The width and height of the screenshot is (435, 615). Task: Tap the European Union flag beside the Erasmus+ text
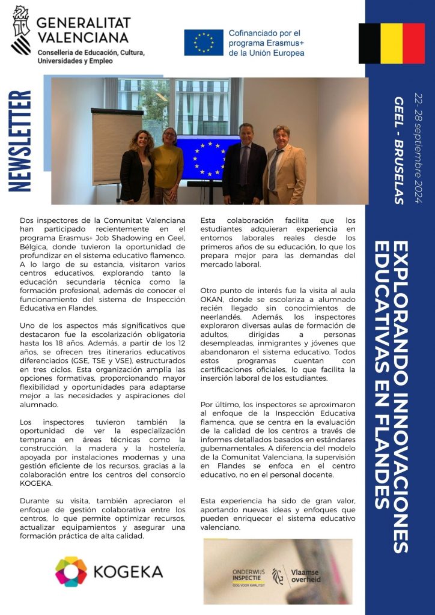pyautogui.click(x=204, y=43)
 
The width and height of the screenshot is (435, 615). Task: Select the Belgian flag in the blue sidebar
pyautogui.click(x=391, y=43)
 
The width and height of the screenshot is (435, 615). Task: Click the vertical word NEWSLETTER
pyautogui.click(x=22, y=141)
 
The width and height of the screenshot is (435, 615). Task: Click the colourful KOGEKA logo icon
pyautogui.click(x=71, y=571)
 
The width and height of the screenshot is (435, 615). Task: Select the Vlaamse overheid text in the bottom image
pyautogui.click(x=306, y=576)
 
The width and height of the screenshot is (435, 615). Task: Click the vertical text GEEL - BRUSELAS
pyautogui.click(x=398, y=150)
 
